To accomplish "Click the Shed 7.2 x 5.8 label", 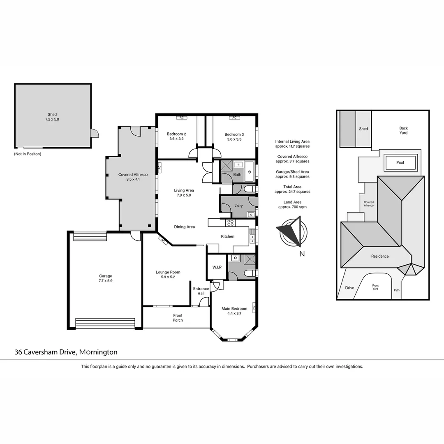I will (x=52, y=117).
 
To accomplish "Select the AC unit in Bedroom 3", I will (x=234, y=118).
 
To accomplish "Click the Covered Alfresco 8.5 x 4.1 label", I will (x=132, y=177).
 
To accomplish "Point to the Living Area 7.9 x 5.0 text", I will (x=184, y=193).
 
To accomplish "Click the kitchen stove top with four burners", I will (x=231, y=223).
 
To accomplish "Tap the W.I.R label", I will (x=217, y=267).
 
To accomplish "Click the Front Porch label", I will (x=178, y=317).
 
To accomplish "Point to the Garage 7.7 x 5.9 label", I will (x=105, y=278).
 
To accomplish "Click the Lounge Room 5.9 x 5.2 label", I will (x=168, y=275).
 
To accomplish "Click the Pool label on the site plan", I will (x=400, y=162).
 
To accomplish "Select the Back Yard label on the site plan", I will (x=403, y=130).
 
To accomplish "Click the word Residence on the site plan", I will (x=380, y=256).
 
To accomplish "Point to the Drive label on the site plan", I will (x=349, y=288).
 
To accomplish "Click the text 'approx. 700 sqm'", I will (x=292, y=207).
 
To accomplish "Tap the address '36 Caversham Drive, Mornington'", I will (x=66, y=352).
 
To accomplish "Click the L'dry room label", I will (x=238, y=205).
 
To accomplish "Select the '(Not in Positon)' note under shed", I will (x=28, y=154).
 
